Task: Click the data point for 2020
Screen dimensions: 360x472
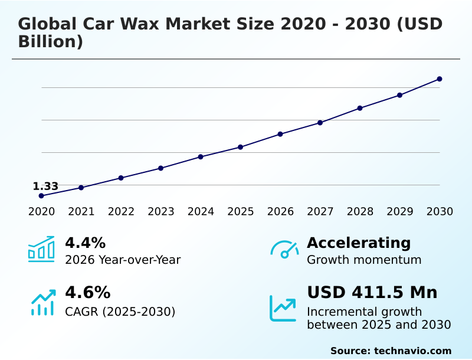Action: click(x=41, y=195)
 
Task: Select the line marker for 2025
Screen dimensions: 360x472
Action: click(x=240, y=147)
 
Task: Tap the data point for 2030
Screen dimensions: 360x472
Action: click(x=440, y=79)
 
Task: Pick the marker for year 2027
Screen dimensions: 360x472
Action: click(x=320, y=123)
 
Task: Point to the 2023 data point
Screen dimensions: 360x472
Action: click(x=160, y=168)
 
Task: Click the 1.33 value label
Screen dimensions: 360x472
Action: click(x=45, y=186)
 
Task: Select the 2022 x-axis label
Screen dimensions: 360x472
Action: click(x=121, y=212)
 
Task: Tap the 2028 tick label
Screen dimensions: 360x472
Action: click(x=360, y=212)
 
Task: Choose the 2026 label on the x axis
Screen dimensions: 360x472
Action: click(x=280, y=212)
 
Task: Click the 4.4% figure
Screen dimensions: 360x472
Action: click(x=85, y=243)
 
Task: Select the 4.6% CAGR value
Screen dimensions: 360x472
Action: click(x=87, y=293)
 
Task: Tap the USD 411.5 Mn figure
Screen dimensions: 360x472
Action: click(x=372, y=293)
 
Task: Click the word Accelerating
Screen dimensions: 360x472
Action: click(x=358, y=243)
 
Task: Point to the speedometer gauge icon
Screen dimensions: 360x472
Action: click(x=284, y=250)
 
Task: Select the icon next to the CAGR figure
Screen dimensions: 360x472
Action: click(x=42, y=302)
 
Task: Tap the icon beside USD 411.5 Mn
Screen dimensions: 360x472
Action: click(x=283, y=307)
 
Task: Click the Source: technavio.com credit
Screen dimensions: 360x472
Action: click(x=391, y=351)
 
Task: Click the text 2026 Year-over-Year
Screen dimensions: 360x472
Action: click(x=123, y=260)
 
